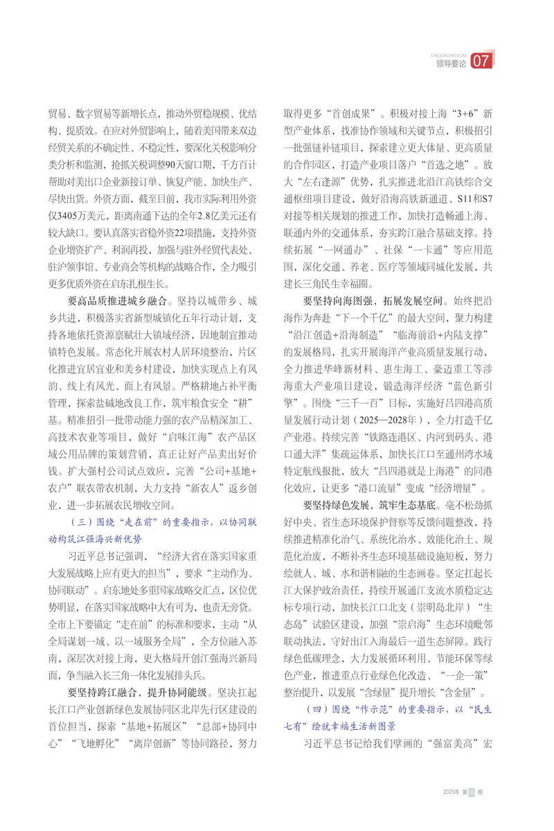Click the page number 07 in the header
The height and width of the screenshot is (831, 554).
point(481,62)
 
